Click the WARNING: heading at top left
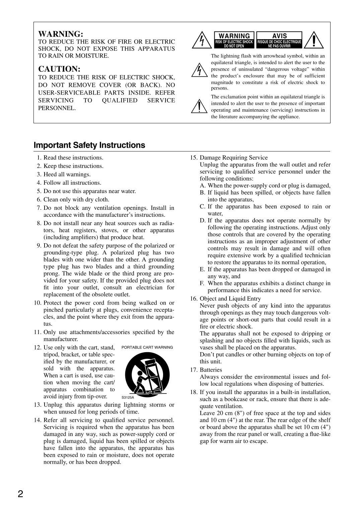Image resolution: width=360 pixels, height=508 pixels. click(61, 34)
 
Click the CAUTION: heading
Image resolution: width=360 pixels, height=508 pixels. click(59, 69)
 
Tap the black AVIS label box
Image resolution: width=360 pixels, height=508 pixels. click(279, 40)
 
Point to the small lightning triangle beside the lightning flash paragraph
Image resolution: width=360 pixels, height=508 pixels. click(199, 70)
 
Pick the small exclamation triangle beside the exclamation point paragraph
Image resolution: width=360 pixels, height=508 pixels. click(199, 106)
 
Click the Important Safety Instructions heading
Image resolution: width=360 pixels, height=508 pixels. click(89, 145)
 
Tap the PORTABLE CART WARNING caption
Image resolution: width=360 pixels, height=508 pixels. click(147, 347)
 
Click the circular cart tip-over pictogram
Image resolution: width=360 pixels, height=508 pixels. click(147, 375)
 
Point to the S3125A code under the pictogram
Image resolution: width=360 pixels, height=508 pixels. click(128, 397)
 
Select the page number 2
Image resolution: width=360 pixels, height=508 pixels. click(20, 494)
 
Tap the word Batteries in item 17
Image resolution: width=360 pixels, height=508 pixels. click(211, 370)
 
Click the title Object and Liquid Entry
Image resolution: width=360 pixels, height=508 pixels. click(230, 299)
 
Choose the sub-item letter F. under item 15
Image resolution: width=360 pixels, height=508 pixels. click(202, 283)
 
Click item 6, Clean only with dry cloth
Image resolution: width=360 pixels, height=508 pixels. click(76, 199)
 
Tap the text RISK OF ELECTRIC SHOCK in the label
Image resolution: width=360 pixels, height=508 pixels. click(234, 42)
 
